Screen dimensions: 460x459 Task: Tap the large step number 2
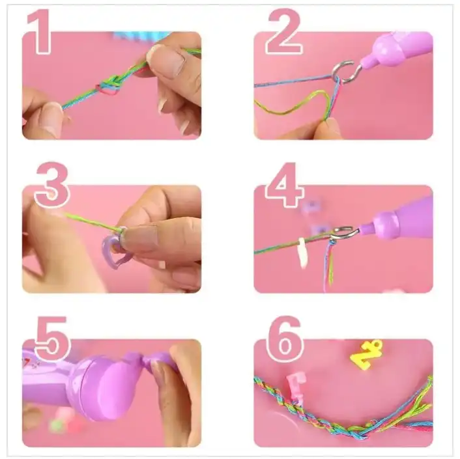click(283, 32)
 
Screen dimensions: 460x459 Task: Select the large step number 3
click(52, 185)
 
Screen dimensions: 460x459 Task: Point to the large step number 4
click(285, 185)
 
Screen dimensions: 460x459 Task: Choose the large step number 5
click(53, 339)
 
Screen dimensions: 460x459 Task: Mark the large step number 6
click(284, 339)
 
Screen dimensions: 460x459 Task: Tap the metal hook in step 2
click(346, 72)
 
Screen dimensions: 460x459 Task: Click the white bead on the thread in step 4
click(302, 253)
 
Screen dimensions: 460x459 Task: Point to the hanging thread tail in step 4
click(329, 266)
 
